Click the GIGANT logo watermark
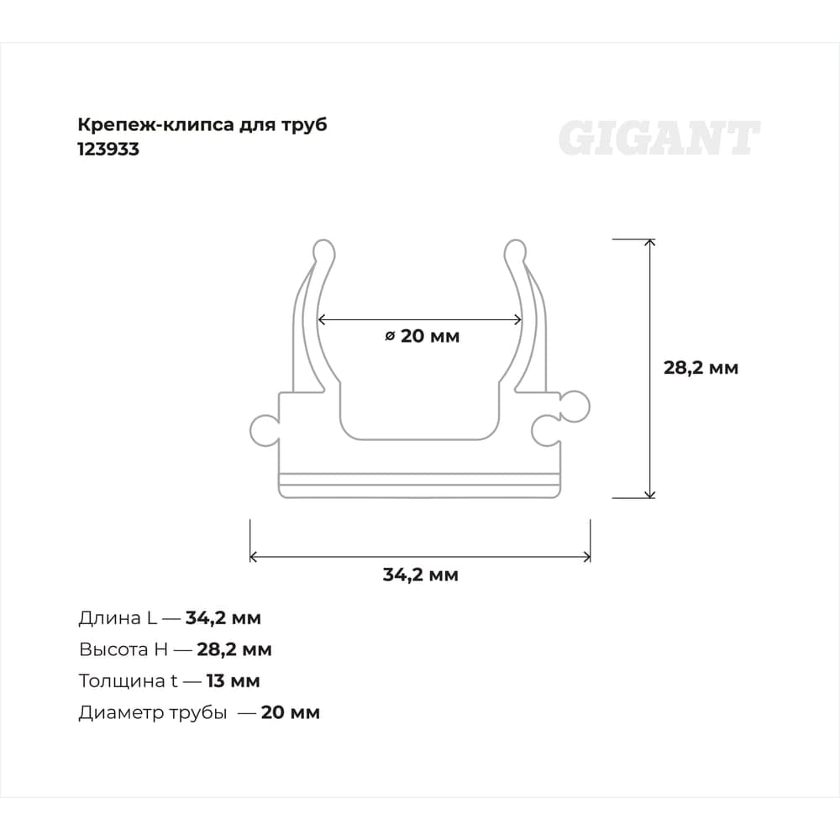pos(659,138)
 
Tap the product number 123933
pos(108,149)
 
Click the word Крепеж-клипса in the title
pos(156,125)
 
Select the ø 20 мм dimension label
pos(423,336)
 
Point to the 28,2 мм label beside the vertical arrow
pos(701,368)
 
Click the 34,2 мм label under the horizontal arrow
pos(421,575)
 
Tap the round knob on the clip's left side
pos(265,429)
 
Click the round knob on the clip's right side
pos(575,407)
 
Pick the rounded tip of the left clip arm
pos(323,250)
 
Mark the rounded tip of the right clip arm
pos(516,250)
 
